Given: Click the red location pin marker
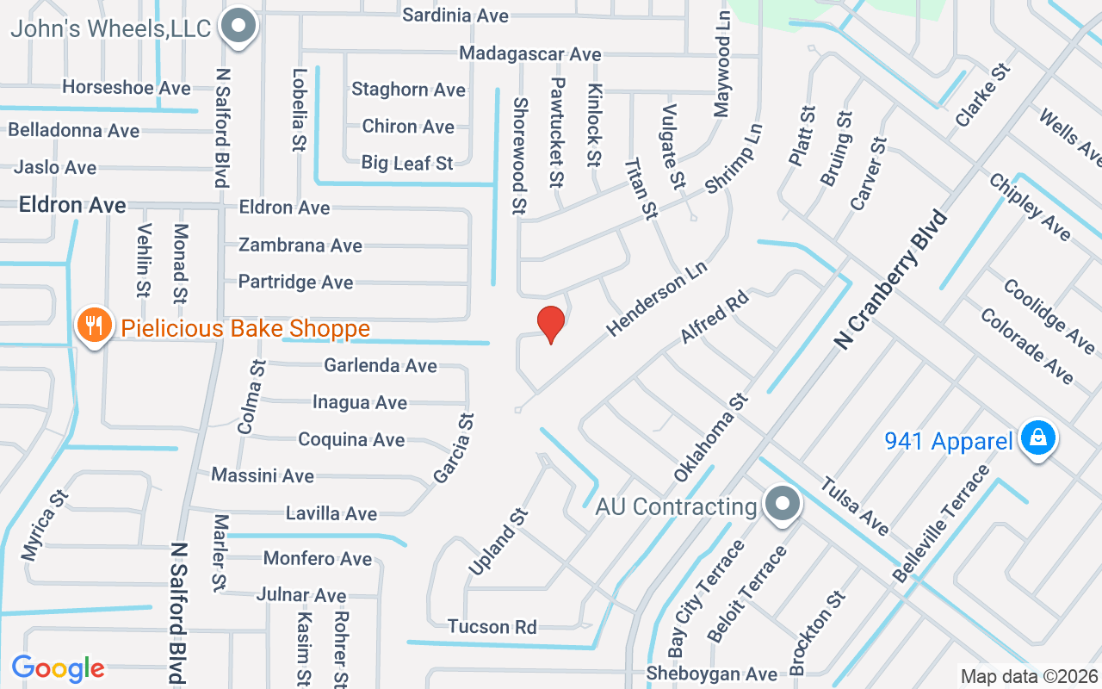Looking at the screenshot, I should click(551, 324).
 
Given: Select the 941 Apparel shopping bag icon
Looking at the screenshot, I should click(1038, 438).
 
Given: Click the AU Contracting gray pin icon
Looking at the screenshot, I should click(782, 503).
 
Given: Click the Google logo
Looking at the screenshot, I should click(58, 668).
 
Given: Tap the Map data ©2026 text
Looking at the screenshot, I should click(1029, 676).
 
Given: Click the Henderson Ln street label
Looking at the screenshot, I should click(657, 299).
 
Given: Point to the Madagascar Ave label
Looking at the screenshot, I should click(529, 53).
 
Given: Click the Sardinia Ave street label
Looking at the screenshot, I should click(455, 16).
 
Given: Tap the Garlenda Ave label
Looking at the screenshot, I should click(381, 365).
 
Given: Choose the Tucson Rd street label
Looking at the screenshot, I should click(492, 626).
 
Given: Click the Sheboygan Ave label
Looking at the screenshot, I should click(712, 673).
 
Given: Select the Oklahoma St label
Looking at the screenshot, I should click(711, 438).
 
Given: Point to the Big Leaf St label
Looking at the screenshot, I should click(407, 162).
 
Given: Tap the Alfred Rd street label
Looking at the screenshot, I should click(715, 317).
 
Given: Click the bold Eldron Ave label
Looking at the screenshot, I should click(72, 205).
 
